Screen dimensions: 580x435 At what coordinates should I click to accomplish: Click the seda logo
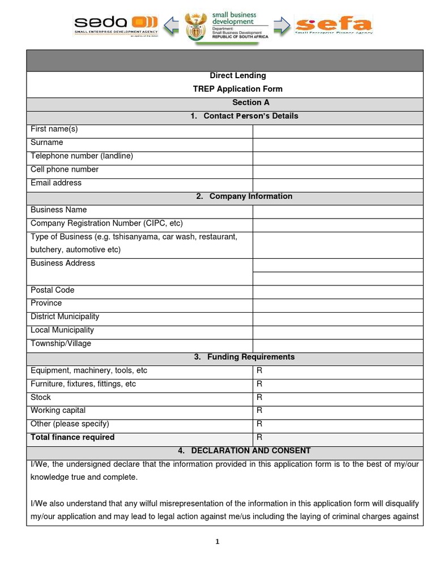click(116, 25)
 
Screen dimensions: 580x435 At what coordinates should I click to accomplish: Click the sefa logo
click(333, 25)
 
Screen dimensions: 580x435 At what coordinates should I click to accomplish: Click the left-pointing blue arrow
click(171, 25)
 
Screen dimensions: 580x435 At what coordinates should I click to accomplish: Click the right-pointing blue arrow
click(282, 25)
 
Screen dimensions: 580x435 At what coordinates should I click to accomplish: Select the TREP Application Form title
click(237, 89)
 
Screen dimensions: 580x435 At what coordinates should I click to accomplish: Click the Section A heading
click(250, 103)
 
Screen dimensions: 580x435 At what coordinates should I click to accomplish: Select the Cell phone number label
click(65, 169)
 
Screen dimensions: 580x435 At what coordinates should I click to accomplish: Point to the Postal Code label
click(53, 290)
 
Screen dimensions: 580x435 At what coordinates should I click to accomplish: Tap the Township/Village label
click(61, 343)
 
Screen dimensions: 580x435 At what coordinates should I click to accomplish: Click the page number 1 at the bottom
click(217, 542)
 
